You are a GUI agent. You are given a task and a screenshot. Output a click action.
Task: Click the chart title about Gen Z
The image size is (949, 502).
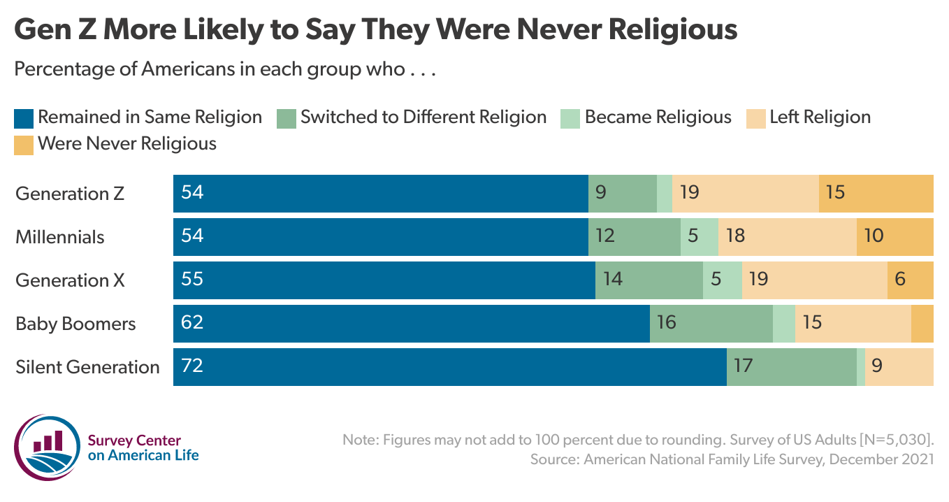tap(375, 29)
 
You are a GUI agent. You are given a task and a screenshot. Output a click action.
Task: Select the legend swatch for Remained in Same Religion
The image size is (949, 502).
tap(23, 117)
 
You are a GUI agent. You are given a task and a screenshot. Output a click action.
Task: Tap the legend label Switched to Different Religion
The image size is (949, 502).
tap(423, 117)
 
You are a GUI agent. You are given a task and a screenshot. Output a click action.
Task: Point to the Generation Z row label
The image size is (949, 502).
tap(70, 194)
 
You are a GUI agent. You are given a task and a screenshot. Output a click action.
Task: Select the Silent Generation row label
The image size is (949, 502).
tap(87, 367)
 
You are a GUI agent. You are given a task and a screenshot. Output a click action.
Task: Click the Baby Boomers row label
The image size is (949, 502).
tap(75, 324)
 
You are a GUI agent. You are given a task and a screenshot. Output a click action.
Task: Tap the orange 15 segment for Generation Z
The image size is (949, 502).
tap(876, 194)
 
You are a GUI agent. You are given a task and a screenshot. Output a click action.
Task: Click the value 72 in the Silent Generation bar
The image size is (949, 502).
tap(191, 366)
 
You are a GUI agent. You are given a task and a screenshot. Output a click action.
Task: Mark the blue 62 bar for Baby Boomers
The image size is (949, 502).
tap(411, 324)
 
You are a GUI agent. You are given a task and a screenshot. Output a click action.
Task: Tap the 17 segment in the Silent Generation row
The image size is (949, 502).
tap(791, 367)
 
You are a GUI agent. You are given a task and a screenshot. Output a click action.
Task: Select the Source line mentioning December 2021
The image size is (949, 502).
tap(732, 459)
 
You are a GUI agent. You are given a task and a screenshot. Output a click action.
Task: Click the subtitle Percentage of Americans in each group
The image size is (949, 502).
tap(225, 70)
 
